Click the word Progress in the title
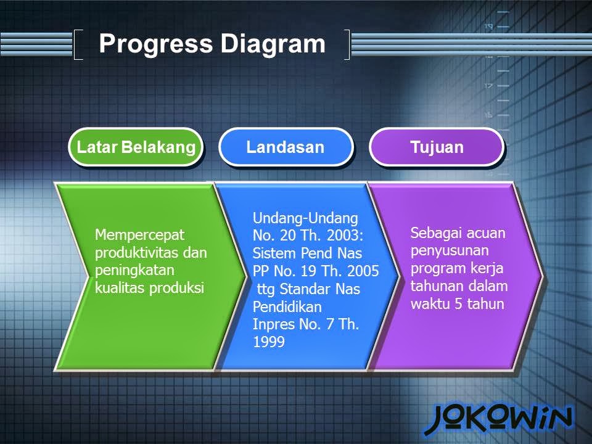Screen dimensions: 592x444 point(156,44)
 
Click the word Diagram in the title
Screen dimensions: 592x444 point(273,44)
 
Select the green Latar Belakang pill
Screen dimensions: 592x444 point(136,147)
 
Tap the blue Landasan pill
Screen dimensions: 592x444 point(286,147)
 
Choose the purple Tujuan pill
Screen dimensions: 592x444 point(437,147)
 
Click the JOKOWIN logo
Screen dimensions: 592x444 point(498,419)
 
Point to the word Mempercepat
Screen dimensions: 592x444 point(139,236)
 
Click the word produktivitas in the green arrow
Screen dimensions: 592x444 point(137,253)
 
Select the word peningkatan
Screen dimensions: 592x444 point(134,271)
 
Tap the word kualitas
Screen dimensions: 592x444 point(120,288)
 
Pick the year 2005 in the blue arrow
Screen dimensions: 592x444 point(363,271)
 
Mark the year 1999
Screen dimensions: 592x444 point(268,342)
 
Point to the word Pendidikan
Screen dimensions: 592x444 point(287,306)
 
